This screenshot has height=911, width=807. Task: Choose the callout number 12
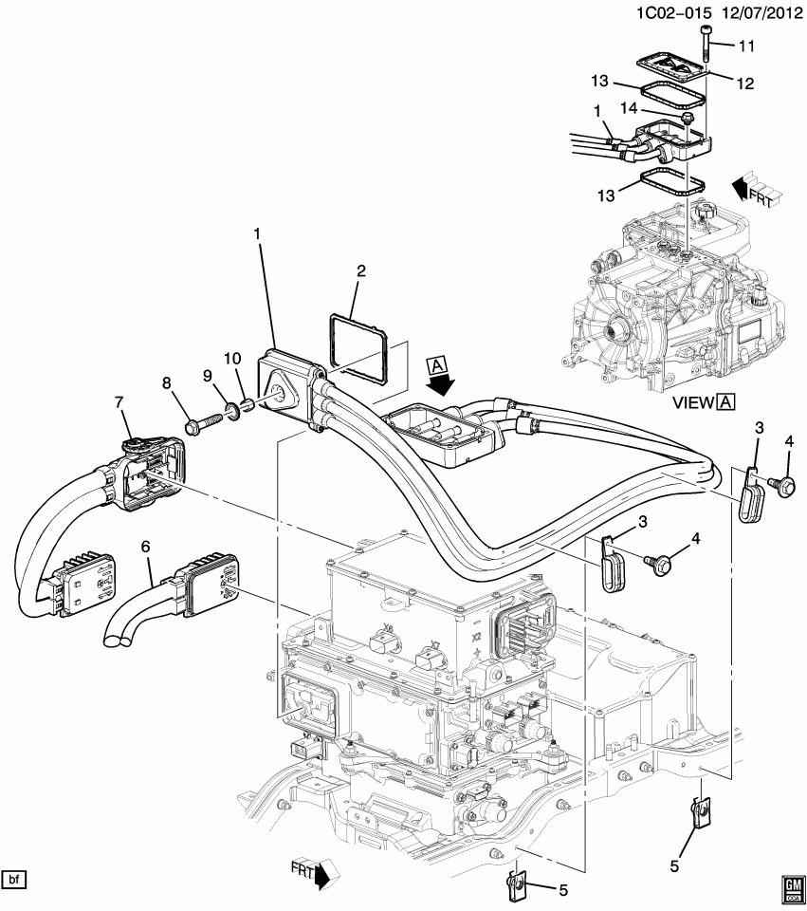coord(743,84)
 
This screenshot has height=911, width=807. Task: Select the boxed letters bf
coord(14,879)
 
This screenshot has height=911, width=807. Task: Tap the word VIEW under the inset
coord(692,402)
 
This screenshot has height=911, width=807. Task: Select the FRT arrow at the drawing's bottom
coord(313,874)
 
